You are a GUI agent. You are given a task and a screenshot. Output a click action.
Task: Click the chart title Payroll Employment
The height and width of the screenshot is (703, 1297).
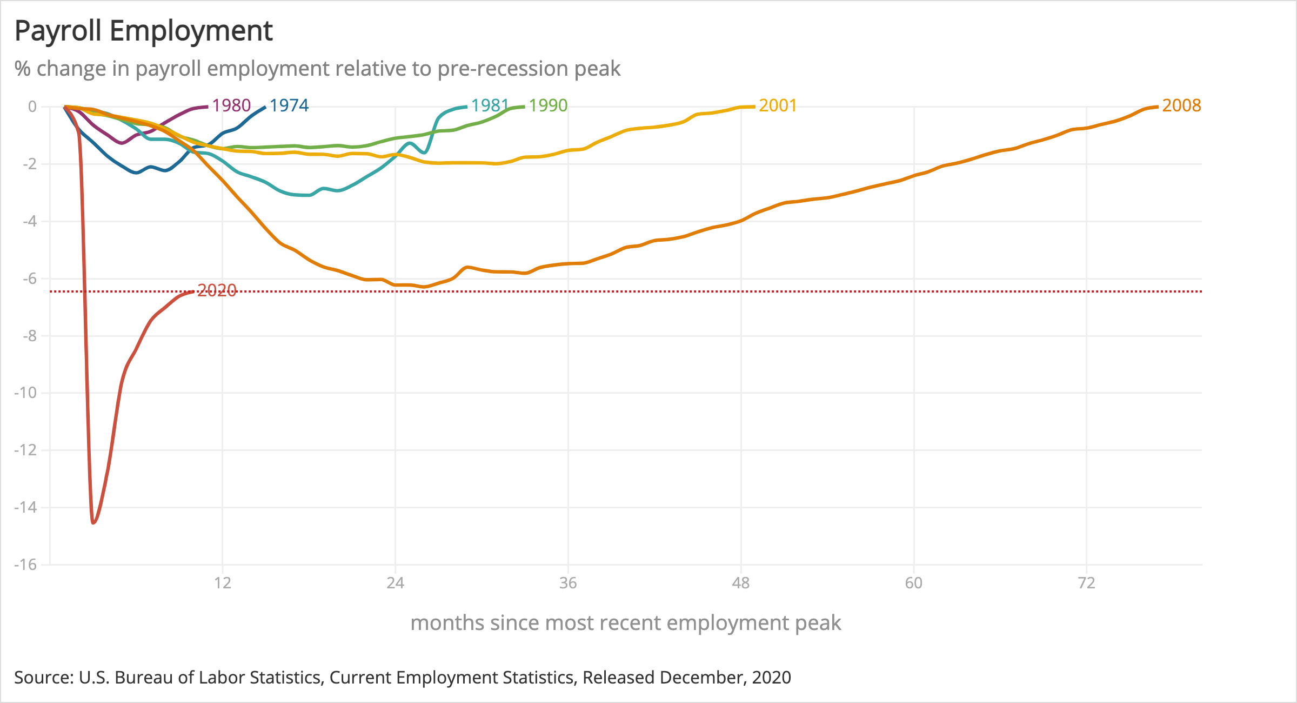click(143, 31)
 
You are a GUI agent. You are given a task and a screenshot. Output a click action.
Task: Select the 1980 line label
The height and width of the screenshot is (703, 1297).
click(231, 105)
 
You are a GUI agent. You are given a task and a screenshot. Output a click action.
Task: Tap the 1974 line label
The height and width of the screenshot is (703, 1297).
click(289, 105)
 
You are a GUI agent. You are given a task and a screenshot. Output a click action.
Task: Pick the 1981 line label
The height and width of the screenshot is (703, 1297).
click(490, 105)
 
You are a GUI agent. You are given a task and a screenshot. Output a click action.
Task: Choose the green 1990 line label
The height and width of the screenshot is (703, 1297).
click(548, 105)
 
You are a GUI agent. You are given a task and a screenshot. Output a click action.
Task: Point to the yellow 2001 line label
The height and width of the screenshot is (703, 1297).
click(778, 105)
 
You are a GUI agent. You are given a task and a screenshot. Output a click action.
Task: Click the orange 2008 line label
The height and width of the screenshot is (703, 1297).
click(1181, 105)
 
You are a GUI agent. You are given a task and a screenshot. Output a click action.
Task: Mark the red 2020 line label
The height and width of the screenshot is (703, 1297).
click(217, 291)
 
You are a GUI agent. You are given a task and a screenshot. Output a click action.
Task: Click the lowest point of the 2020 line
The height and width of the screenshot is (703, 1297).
click(93, 523)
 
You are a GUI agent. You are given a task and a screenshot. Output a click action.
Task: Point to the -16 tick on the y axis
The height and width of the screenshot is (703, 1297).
click(25, 565)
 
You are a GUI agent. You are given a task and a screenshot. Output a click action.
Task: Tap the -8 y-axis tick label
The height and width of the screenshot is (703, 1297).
click(30, 336)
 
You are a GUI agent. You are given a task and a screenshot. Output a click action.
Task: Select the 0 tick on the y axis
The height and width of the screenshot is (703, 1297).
click(32, 107)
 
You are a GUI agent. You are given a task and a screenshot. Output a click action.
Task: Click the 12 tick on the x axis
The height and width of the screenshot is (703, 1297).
click(223, 583)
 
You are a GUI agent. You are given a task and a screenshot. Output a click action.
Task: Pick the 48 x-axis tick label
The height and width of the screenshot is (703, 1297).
click(741, 583)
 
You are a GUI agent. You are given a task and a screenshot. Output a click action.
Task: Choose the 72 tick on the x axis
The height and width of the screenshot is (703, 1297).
click(1086, 583)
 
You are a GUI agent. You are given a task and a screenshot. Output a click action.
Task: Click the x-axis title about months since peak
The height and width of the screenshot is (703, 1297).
click(625, 623)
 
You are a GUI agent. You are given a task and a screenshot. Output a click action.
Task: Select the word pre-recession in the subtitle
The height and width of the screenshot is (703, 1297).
click(503, 69)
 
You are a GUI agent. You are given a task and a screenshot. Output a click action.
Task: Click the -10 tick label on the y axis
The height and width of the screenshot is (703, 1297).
click(25, 393)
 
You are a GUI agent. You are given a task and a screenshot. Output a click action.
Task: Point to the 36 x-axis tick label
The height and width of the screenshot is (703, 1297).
click(568, 583)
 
